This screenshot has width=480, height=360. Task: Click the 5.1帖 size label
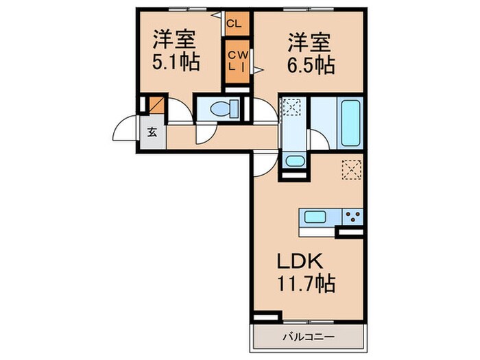pos(176,63)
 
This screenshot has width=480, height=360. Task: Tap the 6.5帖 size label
pos(310,65)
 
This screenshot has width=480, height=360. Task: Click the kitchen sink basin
pos(316,217)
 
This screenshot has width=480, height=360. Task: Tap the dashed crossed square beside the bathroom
pos(292,108)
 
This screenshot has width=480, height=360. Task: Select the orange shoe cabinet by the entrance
pos(155,106)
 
